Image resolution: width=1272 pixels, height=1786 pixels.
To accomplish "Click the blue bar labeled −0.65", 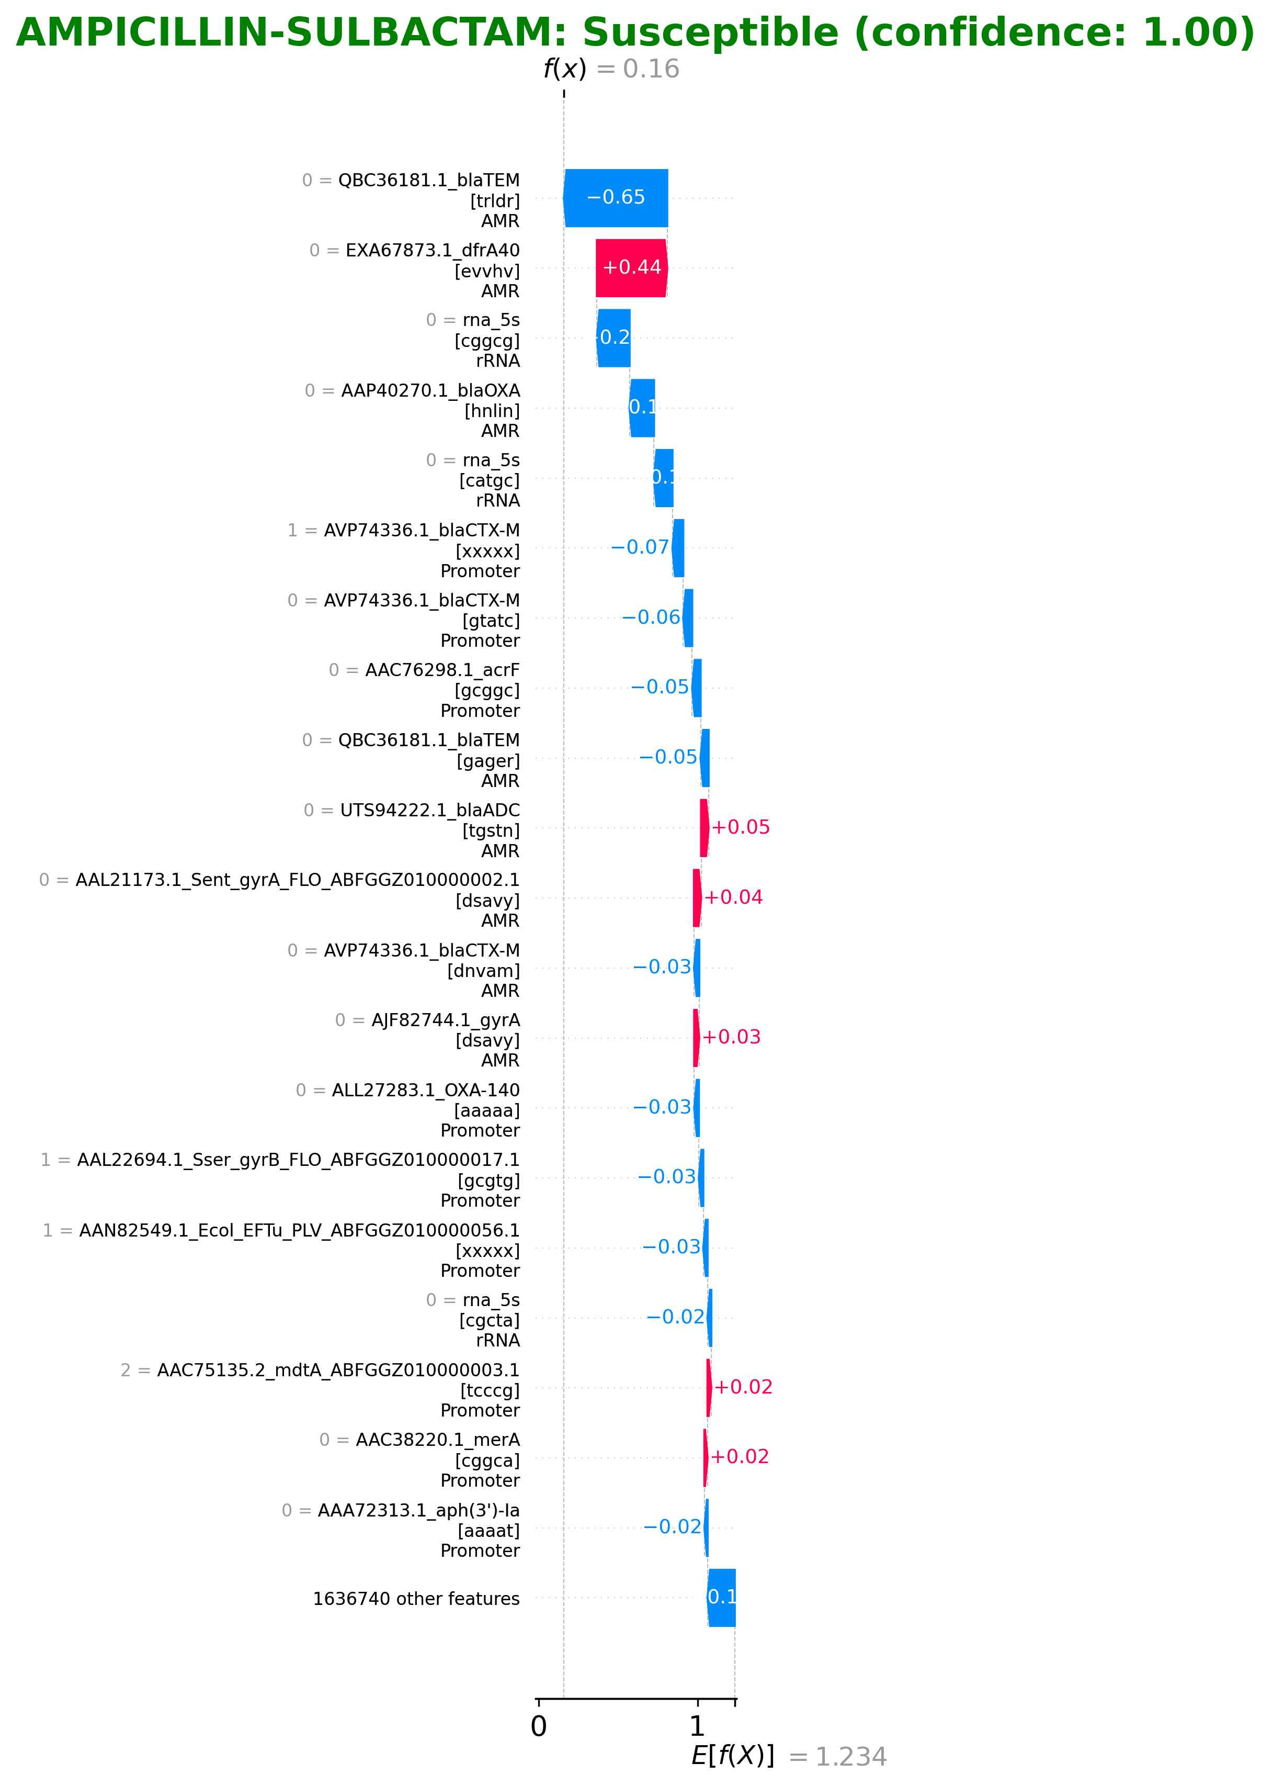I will tap(616, 197).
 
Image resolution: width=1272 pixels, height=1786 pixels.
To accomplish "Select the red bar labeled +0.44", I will tap(631, 268).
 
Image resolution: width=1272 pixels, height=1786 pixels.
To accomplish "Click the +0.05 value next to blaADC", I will tap(740, 827).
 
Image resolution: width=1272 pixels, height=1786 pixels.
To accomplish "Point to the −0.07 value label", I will tap(640, 547).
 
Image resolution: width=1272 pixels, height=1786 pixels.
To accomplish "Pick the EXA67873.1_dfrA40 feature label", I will tap(433, 251).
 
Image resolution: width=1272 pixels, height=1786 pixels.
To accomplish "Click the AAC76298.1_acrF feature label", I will tap(442, 670).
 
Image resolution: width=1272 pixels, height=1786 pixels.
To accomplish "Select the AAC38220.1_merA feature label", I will tap(437, 1440).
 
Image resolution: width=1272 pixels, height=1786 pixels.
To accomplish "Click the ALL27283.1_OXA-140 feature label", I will tap(425, 1090).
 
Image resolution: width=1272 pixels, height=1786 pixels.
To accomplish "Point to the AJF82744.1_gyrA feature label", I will tap(445, 1019).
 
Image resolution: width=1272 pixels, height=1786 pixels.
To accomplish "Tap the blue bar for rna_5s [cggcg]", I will tap(614, 338).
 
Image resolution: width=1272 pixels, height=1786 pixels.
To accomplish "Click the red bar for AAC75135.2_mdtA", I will tap(709, 1387).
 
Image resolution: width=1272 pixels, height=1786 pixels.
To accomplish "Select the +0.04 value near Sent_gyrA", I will tap(733, 897).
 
